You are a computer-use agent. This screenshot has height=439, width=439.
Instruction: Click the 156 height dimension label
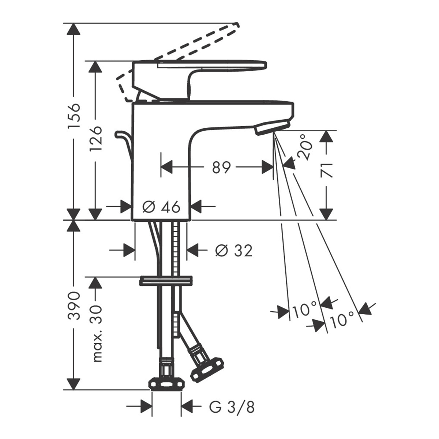74,116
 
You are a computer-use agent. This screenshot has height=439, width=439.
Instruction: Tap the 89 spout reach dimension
221,168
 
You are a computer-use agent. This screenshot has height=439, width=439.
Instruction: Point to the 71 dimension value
326,170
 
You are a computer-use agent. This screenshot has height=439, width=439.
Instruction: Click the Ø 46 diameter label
161,207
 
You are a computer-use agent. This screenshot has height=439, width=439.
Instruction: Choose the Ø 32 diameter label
234,251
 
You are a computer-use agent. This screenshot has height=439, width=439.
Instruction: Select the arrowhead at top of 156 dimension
74,29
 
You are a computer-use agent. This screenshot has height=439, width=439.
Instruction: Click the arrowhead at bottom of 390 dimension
74,384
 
